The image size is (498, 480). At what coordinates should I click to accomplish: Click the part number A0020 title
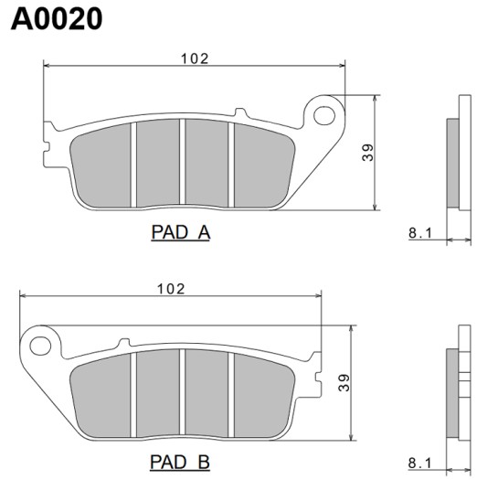pyautogui.click(x=57, y=19)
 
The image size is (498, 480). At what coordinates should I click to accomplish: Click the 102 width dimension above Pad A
pyautogui.click(x=195, y=59)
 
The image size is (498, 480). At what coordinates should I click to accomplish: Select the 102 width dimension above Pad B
pyautogui.click(x=171, y=289)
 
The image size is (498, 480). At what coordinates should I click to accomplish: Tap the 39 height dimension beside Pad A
pyautogui.click(x=367, y=153)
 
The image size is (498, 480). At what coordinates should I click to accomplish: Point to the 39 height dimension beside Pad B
pyautogui.click(x=344, y=383)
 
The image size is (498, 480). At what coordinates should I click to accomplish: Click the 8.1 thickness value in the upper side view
pyautogui.click(x=420, y=233)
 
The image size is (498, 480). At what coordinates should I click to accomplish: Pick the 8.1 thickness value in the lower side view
pyautogui.click(x=419, y=464)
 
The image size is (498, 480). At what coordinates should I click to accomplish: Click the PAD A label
pyautogui.click(x=180, y=232)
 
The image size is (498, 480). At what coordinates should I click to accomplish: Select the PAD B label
pyautogui.click(x=180, y=462)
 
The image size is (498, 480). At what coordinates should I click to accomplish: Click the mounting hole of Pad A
pyautogui.click(x=324, y=115)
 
